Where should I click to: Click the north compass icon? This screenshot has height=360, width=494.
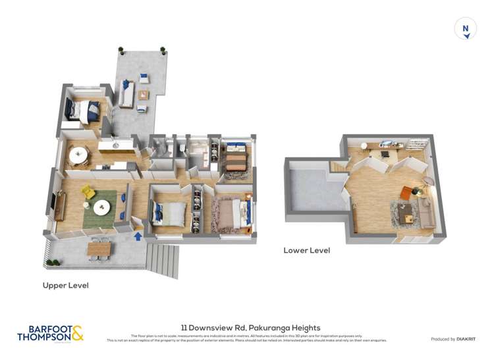click(466, 29)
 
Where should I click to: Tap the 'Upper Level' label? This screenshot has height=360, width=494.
click(65, 286)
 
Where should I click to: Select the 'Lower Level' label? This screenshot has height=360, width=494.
click(306, 251)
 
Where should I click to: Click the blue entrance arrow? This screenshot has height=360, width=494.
click(138, 235)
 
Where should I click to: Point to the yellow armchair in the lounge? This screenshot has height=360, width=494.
click(88, 192)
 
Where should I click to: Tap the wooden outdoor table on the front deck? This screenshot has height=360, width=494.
click(100, 248)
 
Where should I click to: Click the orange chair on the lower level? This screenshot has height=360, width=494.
click(406, 192)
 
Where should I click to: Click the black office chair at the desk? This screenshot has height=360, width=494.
click(383, 154)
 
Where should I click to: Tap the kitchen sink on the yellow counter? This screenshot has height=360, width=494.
click(115, 144)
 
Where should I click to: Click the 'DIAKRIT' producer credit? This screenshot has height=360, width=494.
click(465, 339)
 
